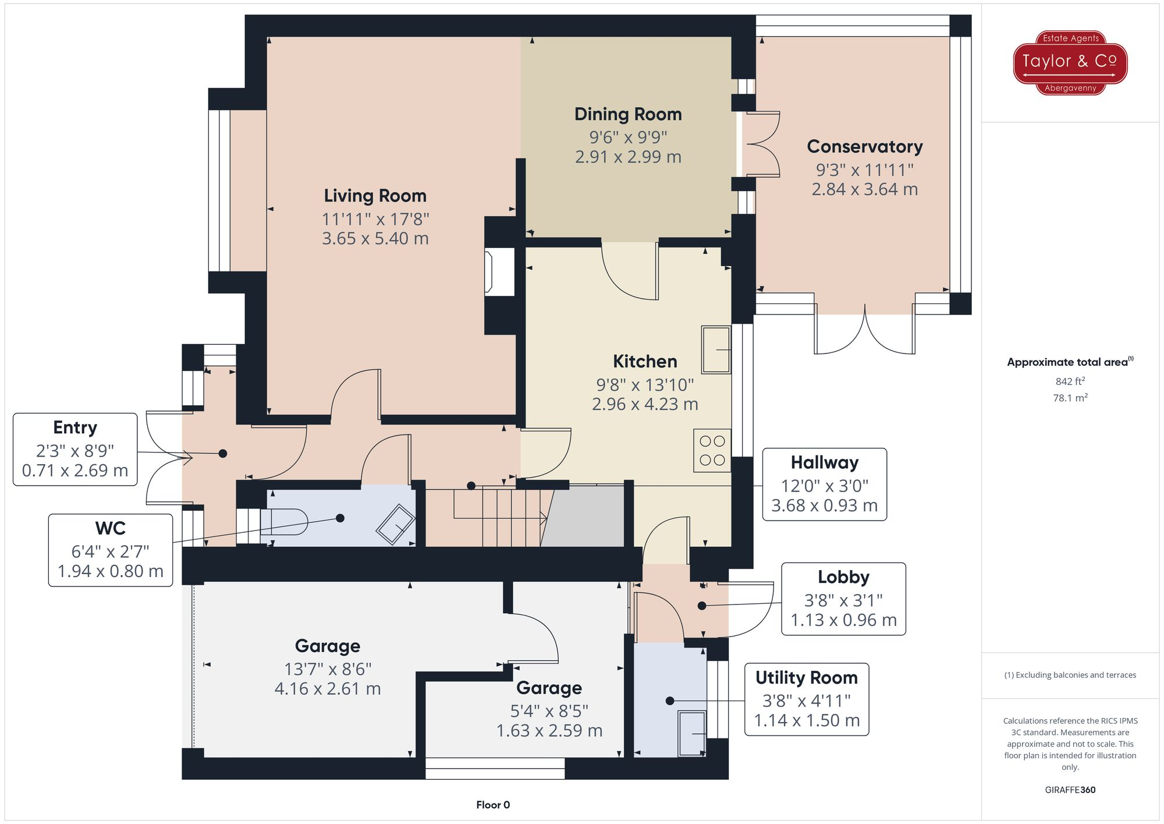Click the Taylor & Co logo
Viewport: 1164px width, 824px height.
click(1070, 62)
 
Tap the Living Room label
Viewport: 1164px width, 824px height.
click(375, 196)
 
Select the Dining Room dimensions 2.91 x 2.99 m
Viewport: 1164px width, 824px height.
click(628, 157)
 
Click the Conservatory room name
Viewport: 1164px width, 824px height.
click(864, 147)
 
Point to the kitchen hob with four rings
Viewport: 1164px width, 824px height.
click(712, 450)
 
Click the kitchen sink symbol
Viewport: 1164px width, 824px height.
click(716, 349)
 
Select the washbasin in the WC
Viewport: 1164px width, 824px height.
click(396, 524)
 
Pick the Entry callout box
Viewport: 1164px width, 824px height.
click(75, 449)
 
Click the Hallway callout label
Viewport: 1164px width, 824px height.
click(824, 462)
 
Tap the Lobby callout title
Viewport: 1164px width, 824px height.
click(843, 577)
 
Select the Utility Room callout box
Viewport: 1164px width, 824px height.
click(806, 699)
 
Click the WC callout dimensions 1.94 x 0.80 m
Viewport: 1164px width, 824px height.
click(111, 571)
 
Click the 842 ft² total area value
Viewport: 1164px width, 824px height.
click(1070, 381)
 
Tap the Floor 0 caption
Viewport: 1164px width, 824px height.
click(492, 805)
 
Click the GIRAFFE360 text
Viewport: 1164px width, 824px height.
click(1070, 790)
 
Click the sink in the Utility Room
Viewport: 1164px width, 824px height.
click(691, 733)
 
